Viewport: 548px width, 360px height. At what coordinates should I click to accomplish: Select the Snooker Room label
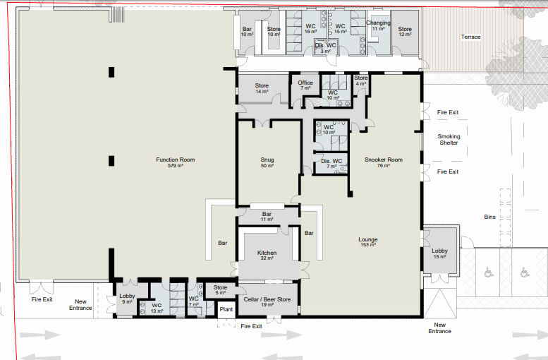coord(384,160)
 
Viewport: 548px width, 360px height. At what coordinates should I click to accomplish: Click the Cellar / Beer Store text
coord(267,299)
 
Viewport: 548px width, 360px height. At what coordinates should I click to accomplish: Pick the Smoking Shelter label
coord(449,140)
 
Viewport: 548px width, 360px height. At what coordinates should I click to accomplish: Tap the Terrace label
coord(470,37)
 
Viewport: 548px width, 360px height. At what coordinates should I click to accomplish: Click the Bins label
coord(490,217)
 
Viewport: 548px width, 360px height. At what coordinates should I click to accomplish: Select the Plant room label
coord(226,309)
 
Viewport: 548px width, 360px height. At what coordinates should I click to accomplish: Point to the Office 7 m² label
coord(305,85)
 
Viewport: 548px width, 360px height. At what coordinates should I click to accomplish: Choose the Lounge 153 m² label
coord(368,242)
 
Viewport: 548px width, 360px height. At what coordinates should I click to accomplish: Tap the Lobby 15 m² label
coord(439,253)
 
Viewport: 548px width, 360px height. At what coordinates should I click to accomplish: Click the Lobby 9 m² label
coord(127,299)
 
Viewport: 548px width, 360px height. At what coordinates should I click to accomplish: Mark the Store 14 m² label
coord(262,88)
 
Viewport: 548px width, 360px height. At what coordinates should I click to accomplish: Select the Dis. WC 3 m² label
coord(325,48)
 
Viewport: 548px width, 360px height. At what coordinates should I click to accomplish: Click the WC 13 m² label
coord(157,308)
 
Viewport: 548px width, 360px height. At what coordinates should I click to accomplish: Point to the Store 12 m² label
coord(405,32)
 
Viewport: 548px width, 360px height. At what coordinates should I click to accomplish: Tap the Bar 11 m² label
coord(267,217)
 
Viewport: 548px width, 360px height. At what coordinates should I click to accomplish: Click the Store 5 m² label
coord(221,290)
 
